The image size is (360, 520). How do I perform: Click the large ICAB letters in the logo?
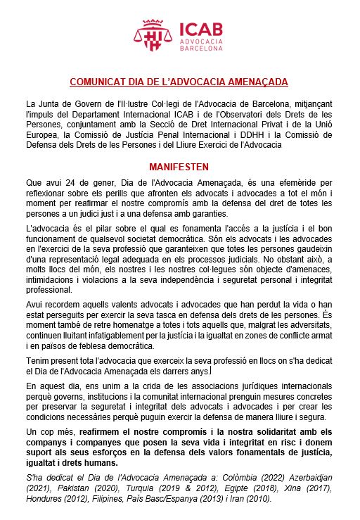(202, 29)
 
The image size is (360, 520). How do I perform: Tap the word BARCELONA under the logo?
(202, 50)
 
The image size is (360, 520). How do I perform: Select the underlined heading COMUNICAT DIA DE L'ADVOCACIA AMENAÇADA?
(179, 82)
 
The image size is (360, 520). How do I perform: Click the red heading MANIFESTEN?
(179, 167)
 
